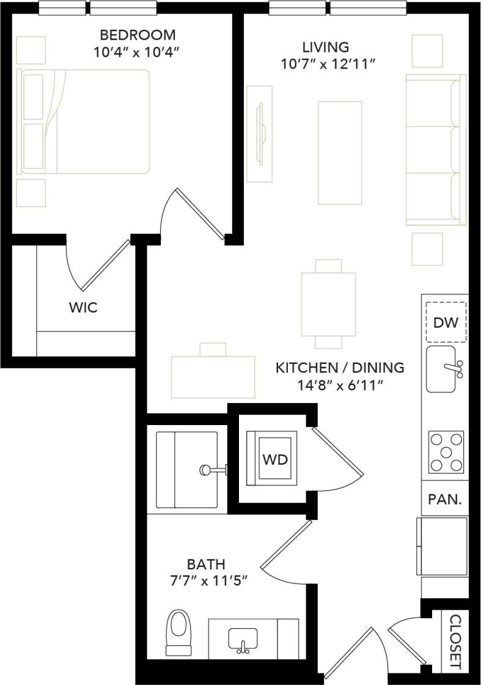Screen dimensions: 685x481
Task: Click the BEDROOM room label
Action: click(x=137, y=35)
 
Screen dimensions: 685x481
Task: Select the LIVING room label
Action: click(x=326, y=47)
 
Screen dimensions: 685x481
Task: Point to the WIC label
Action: click(x=83, y=307)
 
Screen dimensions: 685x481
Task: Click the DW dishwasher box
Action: click(x=446, y=322)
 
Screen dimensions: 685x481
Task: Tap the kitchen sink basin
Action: click(x=441, y=369)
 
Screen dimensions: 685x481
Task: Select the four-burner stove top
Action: click(x=446, y=452)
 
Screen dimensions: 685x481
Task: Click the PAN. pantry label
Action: click(x=444, y=499)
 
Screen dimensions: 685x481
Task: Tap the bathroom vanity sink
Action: click(x=243, y=640)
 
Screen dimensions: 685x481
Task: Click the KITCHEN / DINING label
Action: click(x=340, y=368)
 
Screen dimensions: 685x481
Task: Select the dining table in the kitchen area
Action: click(x=328, y=304)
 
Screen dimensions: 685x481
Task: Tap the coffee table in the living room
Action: click(x=339, y=153)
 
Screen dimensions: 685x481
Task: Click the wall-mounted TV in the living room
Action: click(x=261, y=133)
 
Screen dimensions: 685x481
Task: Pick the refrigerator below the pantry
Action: click(x=442, y=546)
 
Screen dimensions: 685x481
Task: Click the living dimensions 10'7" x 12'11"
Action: click(x=326, y=64)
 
